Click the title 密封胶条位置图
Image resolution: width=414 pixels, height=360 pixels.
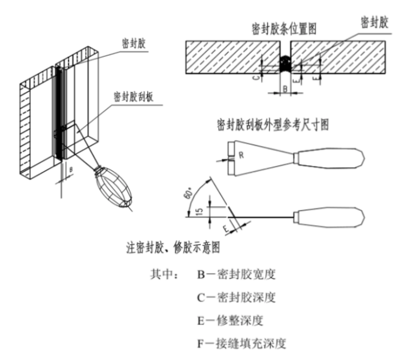[284, 29]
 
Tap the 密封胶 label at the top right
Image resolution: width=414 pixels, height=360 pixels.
[374, 22]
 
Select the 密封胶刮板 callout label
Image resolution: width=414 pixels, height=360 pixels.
[134, 97]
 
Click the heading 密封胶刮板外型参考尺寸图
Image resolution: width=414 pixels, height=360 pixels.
[273, 125]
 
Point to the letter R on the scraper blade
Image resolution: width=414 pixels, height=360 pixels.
[241, 155]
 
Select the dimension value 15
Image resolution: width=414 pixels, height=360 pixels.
[200, 211]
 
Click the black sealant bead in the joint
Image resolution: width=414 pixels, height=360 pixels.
[285, 64]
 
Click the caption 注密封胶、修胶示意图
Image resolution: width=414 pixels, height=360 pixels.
[173, 247]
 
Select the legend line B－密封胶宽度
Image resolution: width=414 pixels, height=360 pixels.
[236, 274]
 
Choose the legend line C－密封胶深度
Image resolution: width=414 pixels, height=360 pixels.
[236, 298]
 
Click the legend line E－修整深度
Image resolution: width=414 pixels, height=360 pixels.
[230, 320]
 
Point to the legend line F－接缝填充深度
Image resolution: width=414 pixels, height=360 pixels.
[242, 344]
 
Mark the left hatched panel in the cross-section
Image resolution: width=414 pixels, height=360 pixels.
[233, 57]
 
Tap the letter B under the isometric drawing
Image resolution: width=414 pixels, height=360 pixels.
[71, 170]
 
